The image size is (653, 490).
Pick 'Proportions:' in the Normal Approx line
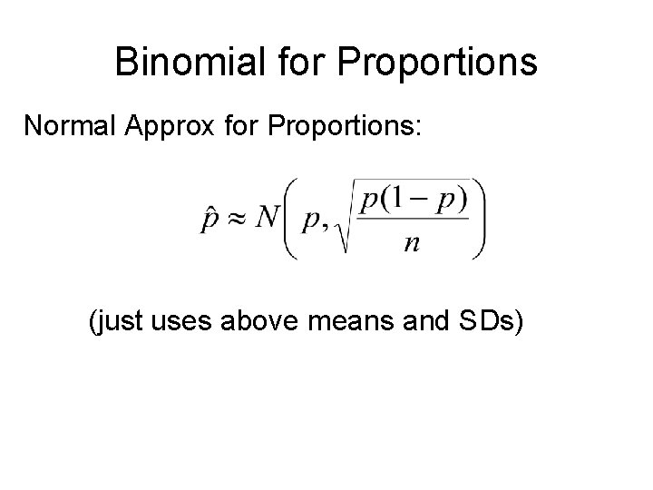(343, 127)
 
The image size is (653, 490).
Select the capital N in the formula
(268, 219)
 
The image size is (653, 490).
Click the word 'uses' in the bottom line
(187, 322)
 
